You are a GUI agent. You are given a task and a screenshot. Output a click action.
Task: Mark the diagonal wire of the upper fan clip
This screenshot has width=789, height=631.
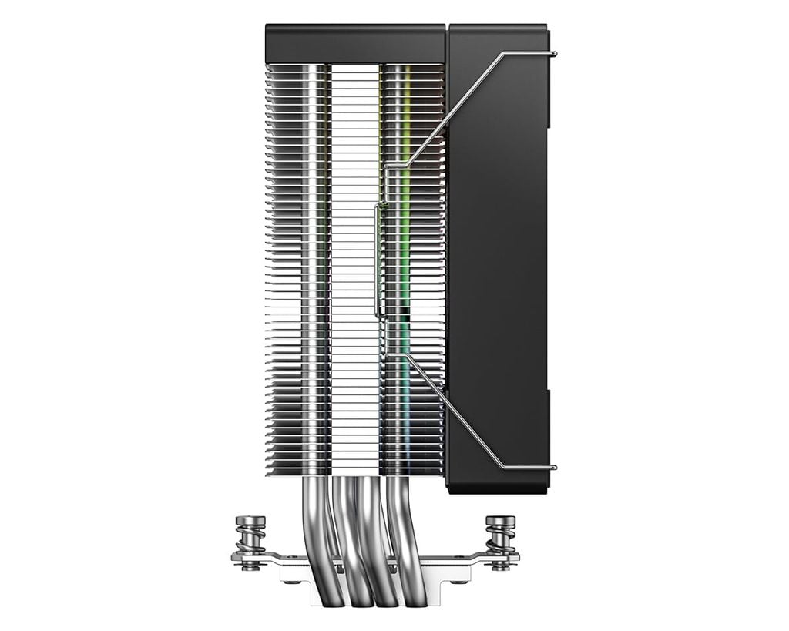tap(455, 108)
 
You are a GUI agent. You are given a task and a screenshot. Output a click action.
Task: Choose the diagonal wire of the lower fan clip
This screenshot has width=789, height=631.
tap(455, 412)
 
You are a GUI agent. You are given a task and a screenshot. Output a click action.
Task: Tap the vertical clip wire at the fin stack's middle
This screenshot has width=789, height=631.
tap(376, 258)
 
